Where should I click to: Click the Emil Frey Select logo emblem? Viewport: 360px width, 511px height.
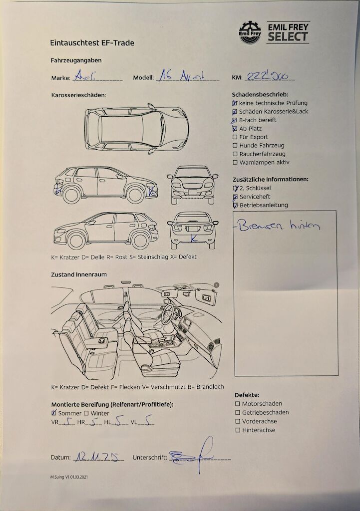pos(250,32)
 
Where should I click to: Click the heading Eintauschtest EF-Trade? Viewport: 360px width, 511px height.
pos(92,43)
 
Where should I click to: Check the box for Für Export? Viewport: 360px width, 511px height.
pos(235,137)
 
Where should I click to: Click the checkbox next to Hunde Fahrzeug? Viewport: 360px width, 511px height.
pos(235,146)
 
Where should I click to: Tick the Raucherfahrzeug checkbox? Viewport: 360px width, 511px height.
pos(235,154)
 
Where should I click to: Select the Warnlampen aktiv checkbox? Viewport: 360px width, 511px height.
pos(235,163)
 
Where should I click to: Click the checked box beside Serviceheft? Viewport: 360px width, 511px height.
pos(235,197)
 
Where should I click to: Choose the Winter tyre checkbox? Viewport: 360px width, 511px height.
pos(86,413)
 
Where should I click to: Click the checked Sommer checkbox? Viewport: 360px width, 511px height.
pos(54,413)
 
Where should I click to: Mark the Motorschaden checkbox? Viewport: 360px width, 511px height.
pos(238,404)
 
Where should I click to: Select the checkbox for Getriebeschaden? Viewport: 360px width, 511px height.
pos(238,413)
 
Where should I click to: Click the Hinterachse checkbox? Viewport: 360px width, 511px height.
pos(238,430)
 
